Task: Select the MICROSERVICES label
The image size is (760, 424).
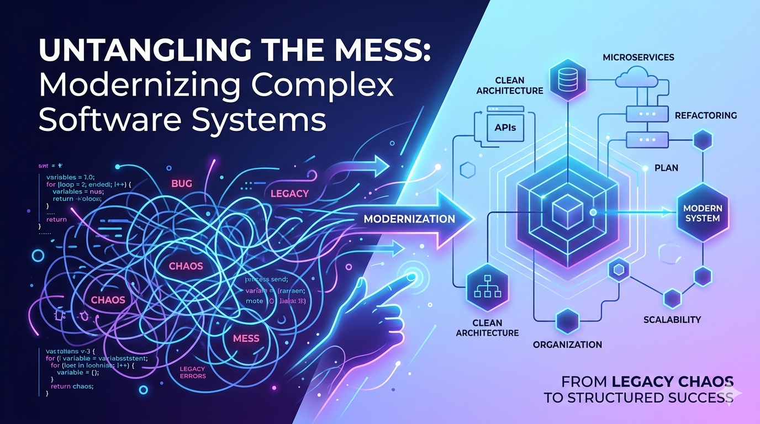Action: [638, 57]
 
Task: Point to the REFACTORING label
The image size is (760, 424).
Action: [706, 115]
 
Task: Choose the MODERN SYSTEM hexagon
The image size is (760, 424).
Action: [701, 213]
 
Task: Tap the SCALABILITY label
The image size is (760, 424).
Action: [672, 320]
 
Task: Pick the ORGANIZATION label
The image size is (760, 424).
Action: [567, 344]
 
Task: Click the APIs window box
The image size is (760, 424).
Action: [505, 128]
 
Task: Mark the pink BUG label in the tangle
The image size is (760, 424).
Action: [182, 184]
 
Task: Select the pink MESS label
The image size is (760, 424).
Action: [247, 338]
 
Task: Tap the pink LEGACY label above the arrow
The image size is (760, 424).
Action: [289, 194]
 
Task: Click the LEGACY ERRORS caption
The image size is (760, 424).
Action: [193, 373]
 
